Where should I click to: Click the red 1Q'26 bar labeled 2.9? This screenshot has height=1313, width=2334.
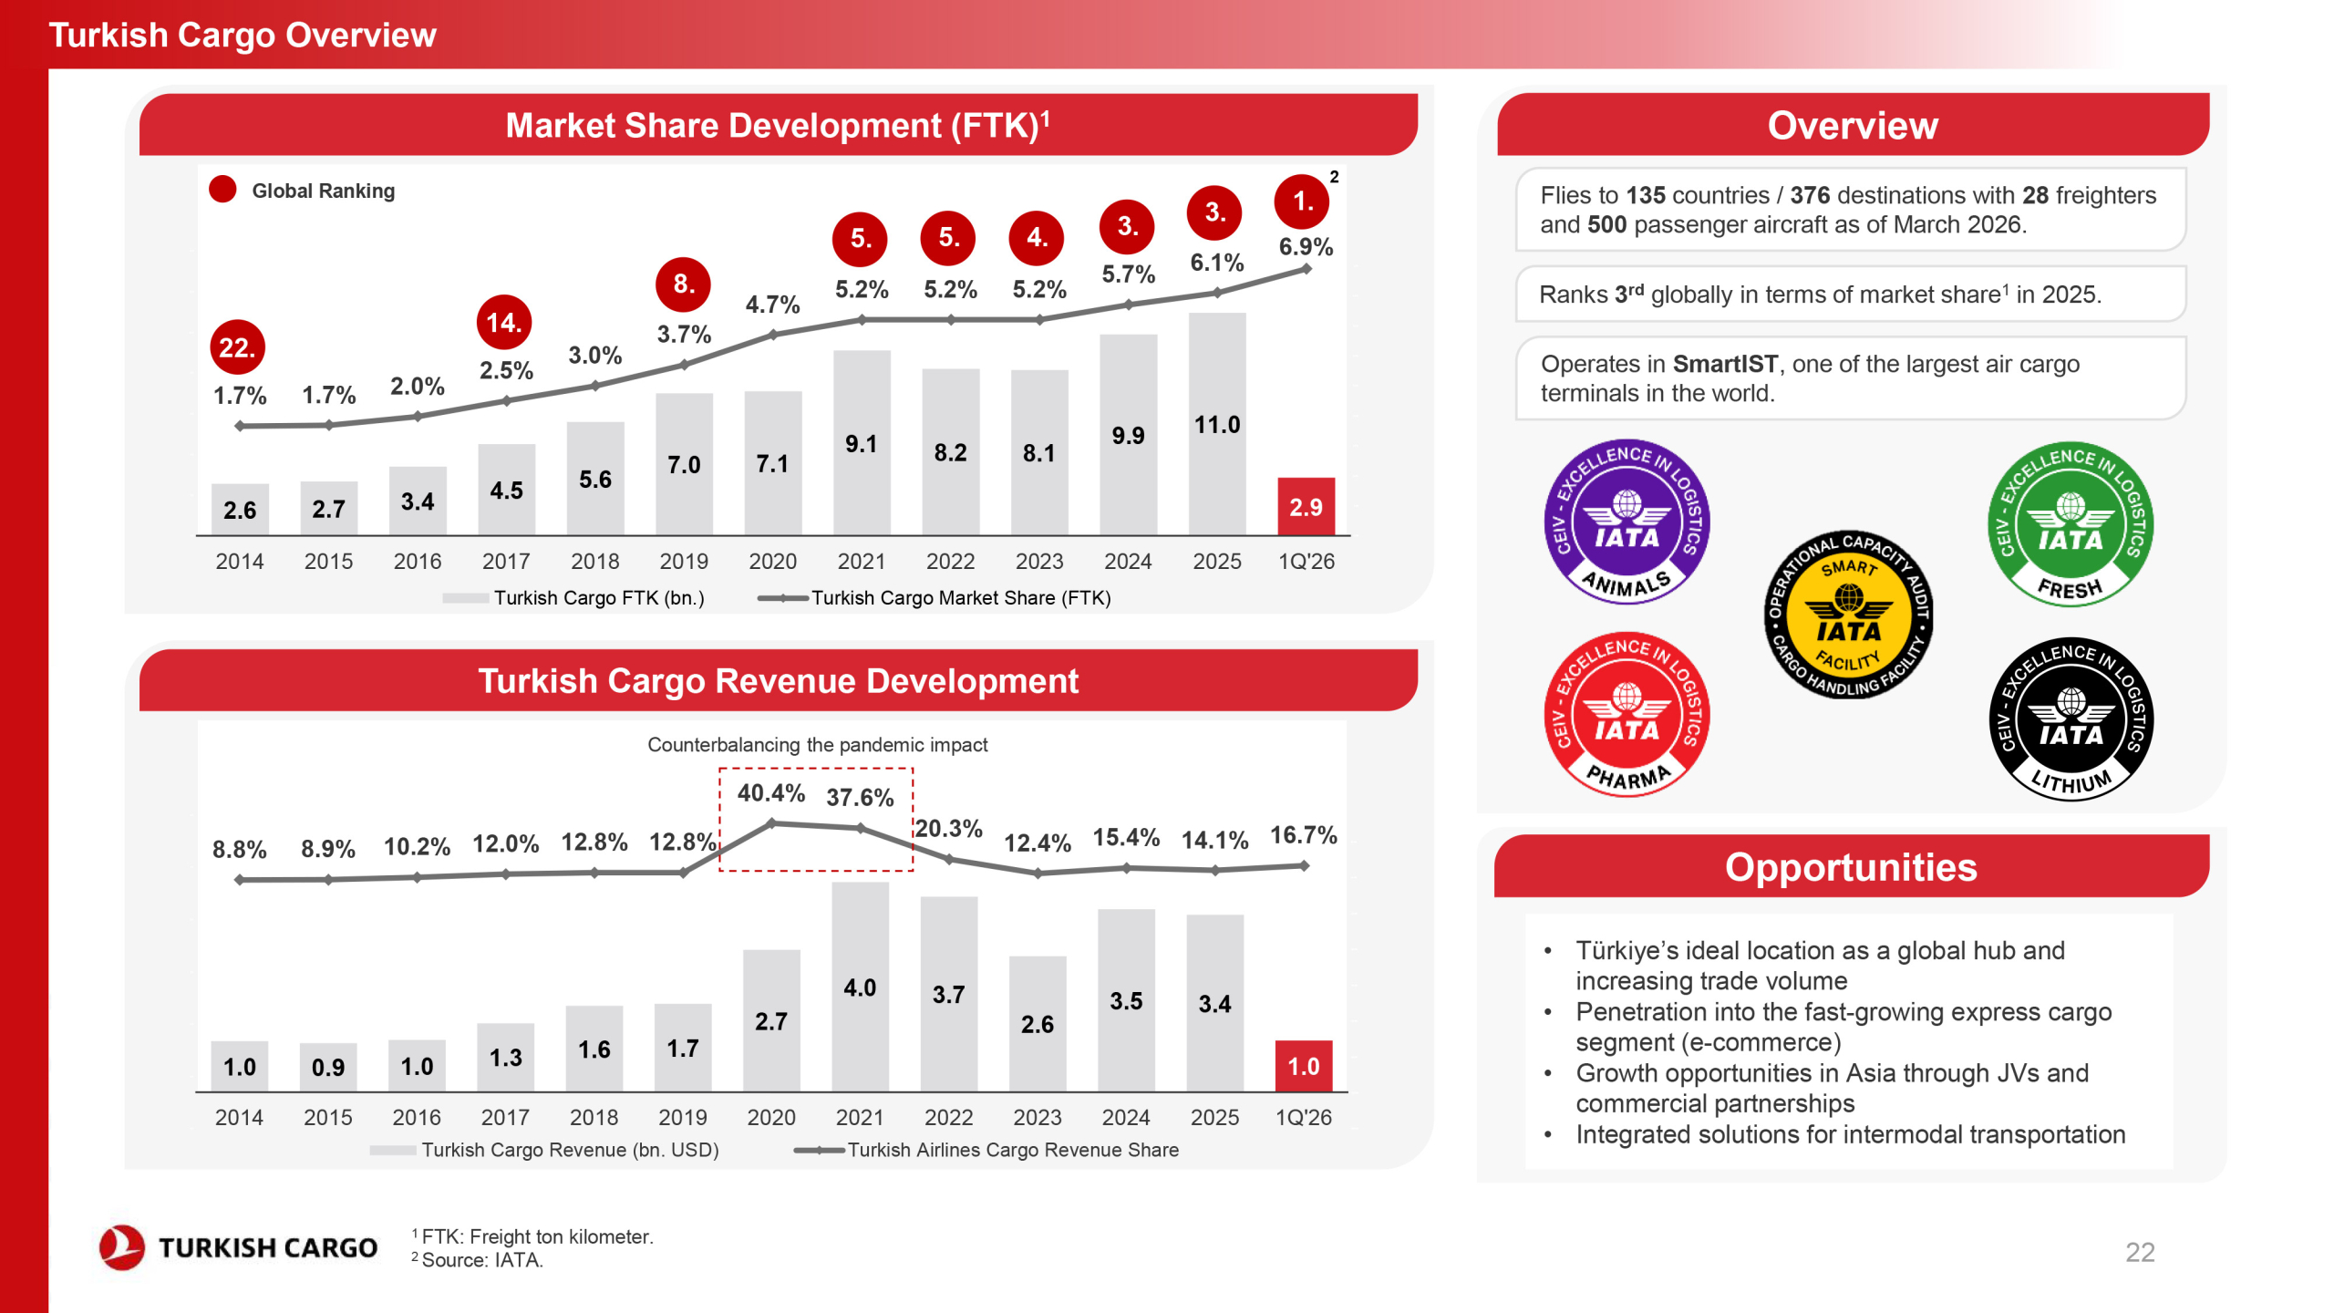[1306, 506]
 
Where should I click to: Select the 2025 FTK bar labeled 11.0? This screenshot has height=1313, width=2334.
[1217, 424]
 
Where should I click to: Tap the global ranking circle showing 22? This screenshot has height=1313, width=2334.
[237, 347]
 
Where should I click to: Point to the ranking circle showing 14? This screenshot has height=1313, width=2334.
[504, 322]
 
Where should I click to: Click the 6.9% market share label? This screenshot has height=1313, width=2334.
[1306, 246]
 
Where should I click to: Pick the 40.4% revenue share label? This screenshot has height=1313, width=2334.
[771, 793]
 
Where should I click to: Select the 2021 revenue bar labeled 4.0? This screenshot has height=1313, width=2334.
[860, 987]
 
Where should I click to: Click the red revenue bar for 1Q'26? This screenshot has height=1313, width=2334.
[1304, 1066]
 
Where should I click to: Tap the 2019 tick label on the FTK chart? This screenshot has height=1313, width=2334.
[684, 562]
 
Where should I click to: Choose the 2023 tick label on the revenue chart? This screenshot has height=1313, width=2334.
[1038, 1118]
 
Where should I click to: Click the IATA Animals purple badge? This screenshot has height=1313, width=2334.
[1627, 522]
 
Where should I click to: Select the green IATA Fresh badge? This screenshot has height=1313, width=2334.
[2071, 524]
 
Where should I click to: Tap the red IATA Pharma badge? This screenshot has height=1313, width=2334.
[1627, 715]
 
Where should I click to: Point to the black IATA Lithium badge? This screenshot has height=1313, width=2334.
[2071, 719]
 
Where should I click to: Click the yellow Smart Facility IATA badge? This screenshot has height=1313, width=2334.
[1848, 615]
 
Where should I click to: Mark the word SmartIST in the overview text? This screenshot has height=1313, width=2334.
[1725, 364]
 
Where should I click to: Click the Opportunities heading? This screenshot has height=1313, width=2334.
[1851, 867]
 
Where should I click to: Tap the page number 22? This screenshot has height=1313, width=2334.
[2140, 1252]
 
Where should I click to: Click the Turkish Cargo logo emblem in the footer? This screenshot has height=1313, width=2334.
[122, 1246]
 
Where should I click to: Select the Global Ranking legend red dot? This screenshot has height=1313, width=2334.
[223, 190]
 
